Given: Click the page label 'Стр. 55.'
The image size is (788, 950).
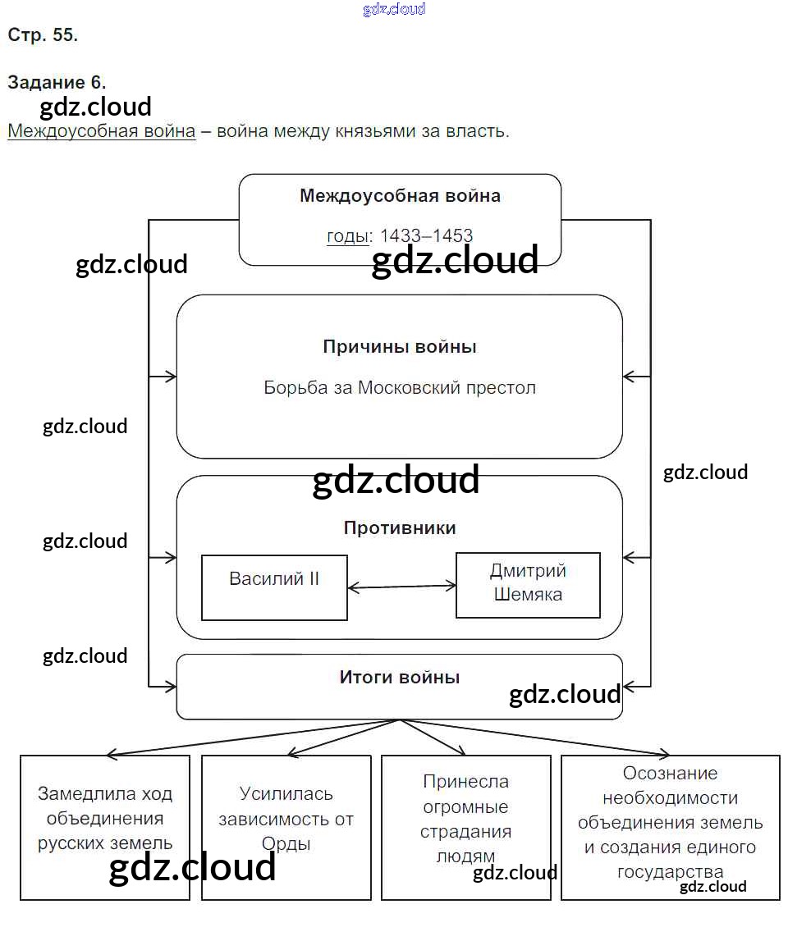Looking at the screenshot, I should click(43, 35).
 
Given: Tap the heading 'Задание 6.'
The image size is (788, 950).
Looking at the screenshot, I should click(57, 82).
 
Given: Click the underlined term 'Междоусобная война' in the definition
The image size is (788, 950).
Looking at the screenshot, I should click(102, 131).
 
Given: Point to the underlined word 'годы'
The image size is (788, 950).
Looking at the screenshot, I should click(347, 236).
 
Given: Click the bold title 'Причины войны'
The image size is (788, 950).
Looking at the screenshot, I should click(400, 346).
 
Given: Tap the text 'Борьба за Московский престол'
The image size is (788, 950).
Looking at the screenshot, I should click(400, 387).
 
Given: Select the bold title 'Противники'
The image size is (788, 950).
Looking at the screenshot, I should click(400, 528).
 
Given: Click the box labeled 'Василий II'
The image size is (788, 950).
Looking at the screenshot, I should click(274, 587).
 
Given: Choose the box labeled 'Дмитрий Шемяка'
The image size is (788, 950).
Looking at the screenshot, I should click(528, 584).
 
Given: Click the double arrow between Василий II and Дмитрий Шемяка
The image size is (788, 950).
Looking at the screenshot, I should click(401, 587).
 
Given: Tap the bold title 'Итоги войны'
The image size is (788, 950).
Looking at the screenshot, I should click(400, 678).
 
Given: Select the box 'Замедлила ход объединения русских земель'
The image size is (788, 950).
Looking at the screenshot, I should click(105, 827).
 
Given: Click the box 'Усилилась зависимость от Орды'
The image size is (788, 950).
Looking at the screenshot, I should click(286, 827).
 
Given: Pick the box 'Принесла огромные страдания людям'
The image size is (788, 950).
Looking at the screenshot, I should click(466, 827).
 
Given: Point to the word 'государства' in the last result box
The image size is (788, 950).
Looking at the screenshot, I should click(671, 871).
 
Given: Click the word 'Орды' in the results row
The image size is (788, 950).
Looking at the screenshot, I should click(286, 843).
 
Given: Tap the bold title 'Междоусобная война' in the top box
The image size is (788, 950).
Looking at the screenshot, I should click(400, 196).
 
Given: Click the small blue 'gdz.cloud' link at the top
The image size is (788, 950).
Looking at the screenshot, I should click(394, 10).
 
